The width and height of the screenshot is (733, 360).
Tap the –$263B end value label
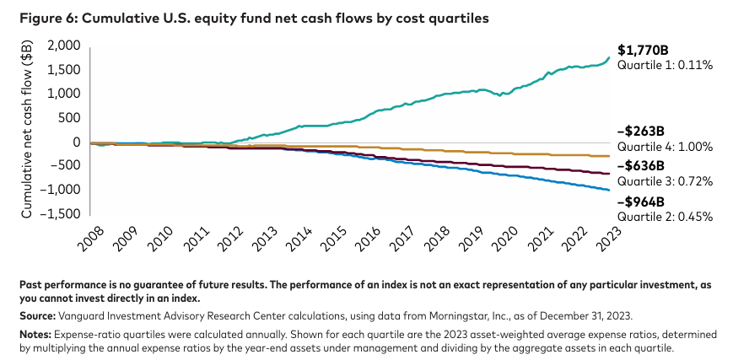pyautogui.click(x=642, y=132)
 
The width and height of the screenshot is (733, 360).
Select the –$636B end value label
pyautogui.click(x=642, y=166)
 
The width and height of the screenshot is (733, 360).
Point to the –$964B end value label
pyautogui.click(x=642, y=201)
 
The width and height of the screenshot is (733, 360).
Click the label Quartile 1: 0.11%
pyautogui.click(x=665, y=65)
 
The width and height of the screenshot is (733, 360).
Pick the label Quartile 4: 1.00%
pyautogui.click(x=666, y=147)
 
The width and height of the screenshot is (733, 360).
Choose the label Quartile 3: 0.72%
pyautogui.click(x=665, y=181)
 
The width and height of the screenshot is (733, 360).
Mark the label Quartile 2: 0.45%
pyautogui.click(x=666, y=217)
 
